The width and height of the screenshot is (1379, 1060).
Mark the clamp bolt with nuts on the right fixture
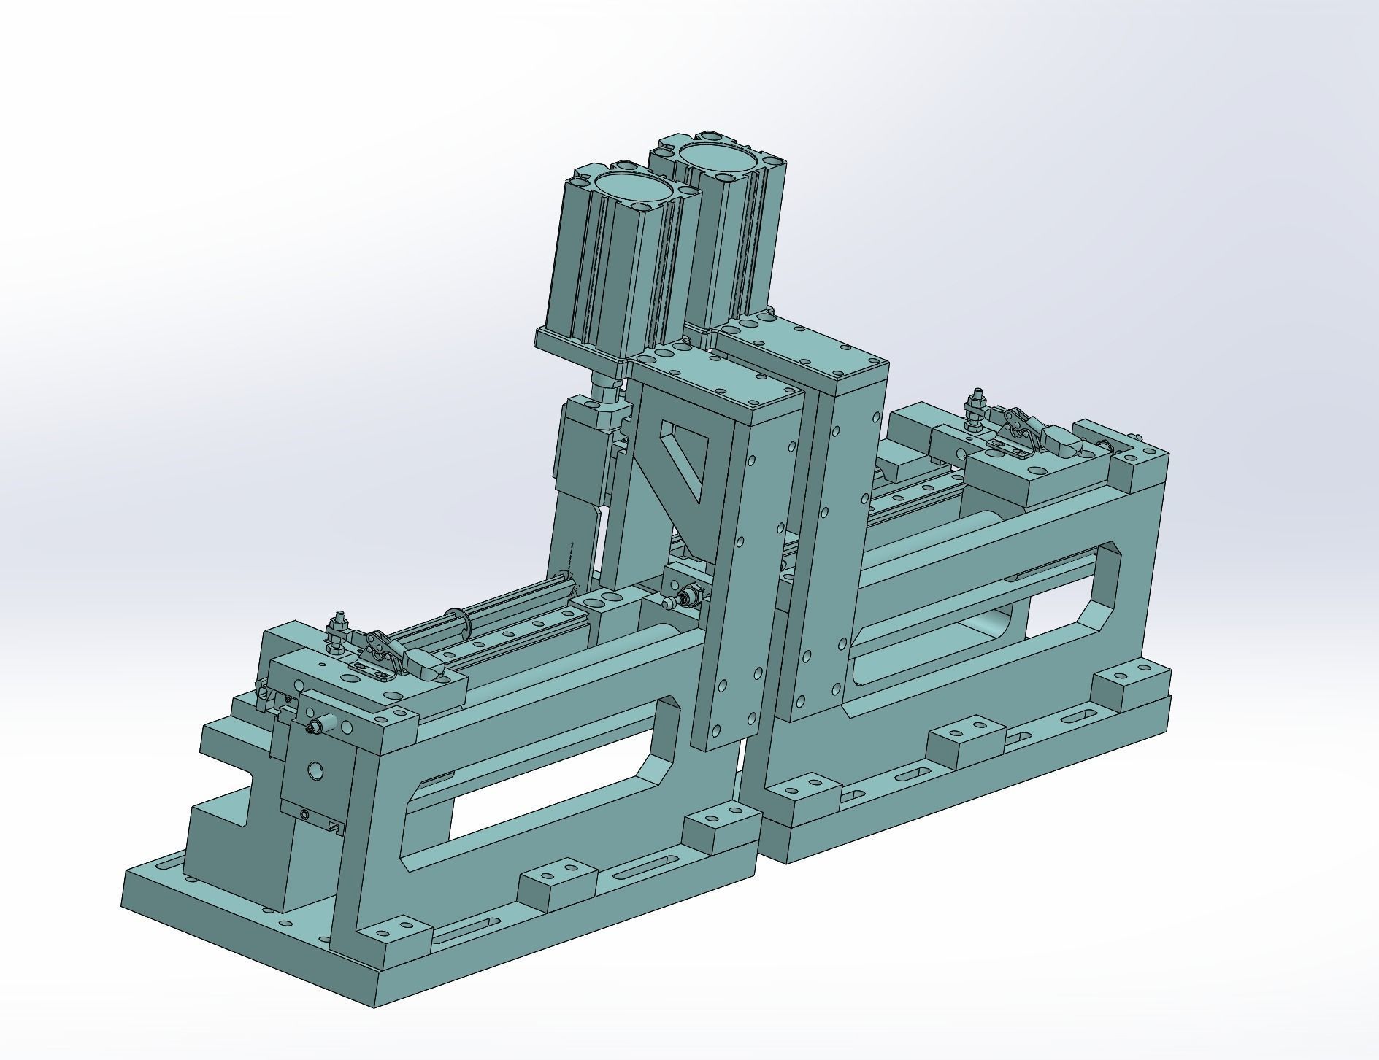click(x=975, y=411)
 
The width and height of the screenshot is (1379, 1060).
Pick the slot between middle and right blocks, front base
click(x=644, y=868)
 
